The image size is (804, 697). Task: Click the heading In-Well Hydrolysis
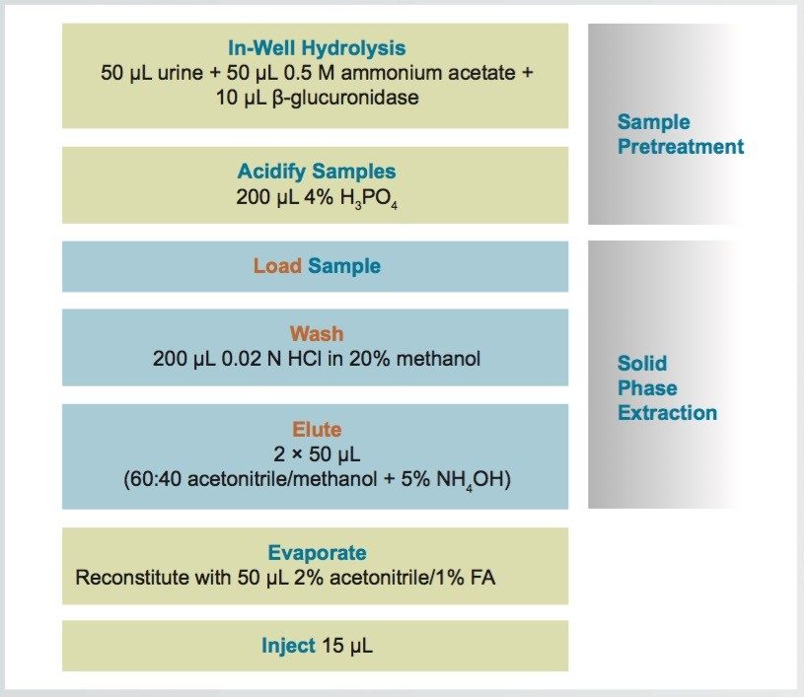tap(316, 48)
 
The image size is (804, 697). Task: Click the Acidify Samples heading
tap(316, 172)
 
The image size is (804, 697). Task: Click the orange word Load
tap(277, 266)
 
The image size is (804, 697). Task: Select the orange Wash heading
tap(316, 334)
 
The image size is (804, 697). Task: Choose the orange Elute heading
tap(316, 430)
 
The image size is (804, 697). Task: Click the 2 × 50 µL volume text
tap(316, 454)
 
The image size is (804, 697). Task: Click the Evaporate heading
tap(316, 553)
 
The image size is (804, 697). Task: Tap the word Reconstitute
tap(128, 578)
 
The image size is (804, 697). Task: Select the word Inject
tap(288, 647)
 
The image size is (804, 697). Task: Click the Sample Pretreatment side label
tap(680, 135)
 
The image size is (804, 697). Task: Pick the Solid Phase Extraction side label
tap(666, 388)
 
